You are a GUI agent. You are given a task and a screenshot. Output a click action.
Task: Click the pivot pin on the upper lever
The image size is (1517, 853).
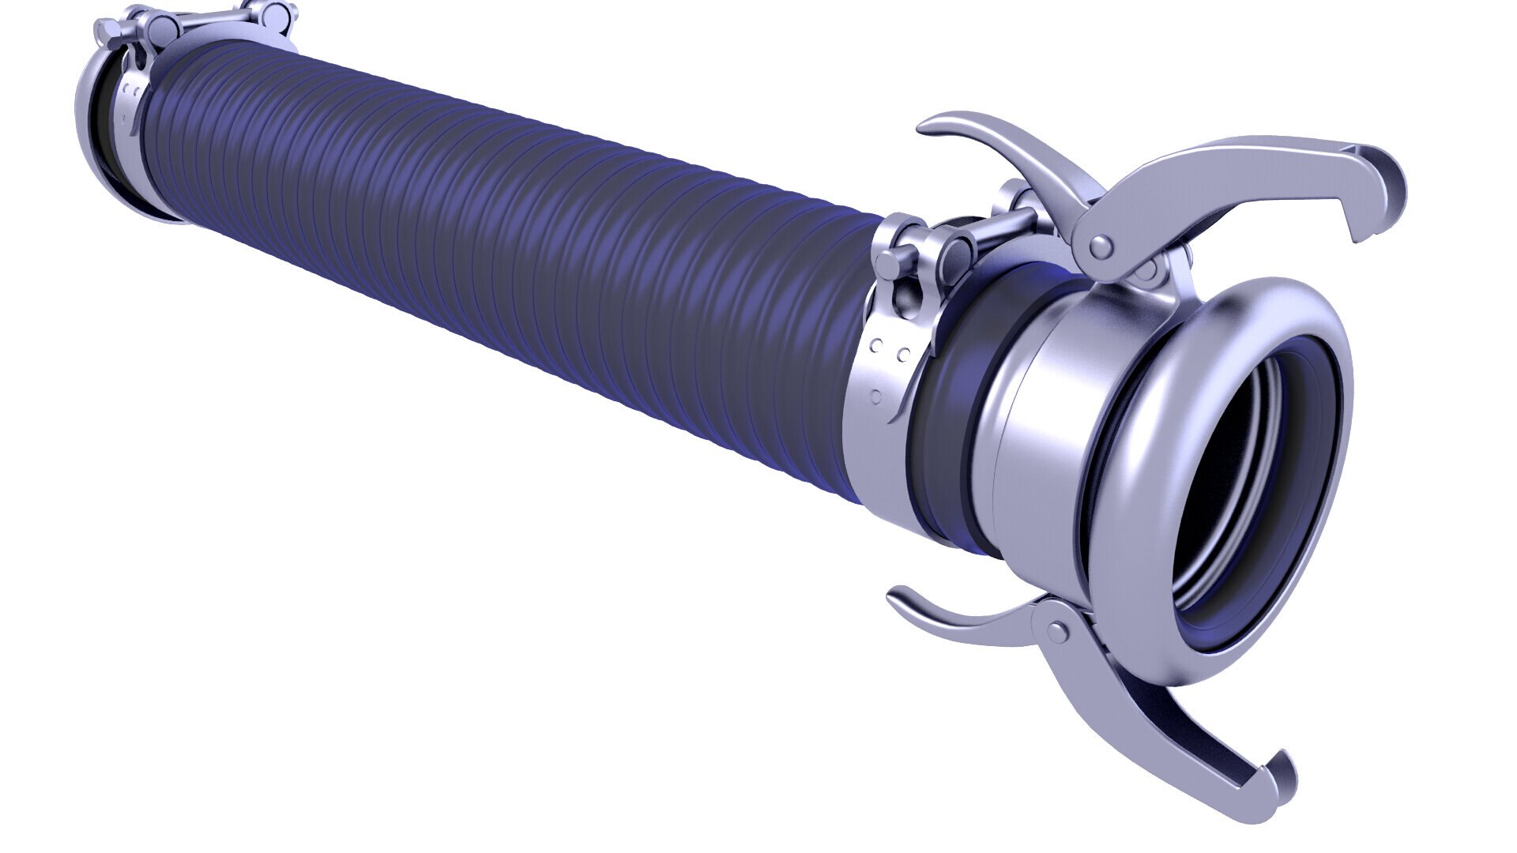point(1098,248)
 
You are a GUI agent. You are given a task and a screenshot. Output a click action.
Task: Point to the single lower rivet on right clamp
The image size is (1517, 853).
point(875,395)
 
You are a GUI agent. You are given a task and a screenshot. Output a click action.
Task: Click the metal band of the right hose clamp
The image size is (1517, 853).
point(869,442)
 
